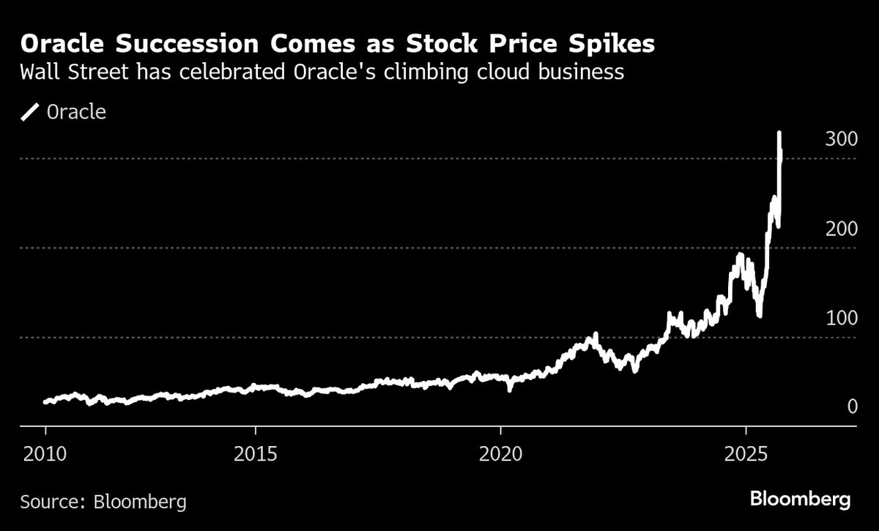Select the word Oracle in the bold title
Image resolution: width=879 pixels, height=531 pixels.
click(x=64, y=44)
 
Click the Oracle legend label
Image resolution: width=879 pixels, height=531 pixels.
click(x=76, y=112)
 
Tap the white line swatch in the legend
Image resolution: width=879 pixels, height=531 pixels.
click(x=30, y=112)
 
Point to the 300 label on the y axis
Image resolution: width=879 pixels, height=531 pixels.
click(x=841, y=140)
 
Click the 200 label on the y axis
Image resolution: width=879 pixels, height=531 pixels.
click(x=841, y=229)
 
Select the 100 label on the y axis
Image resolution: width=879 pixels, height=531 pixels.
click(x=841, y=319)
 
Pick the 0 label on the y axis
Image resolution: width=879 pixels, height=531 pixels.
click(x=852, y=406)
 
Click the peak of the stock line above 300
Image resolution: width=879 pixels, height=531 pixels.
click(x=779, y=133)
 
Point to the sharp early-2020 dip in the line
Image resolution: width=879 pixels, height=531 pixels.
click(x=511, y=389)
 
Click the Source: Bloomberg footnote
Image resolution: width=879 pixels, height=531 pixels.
click(x=103, y=502)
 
